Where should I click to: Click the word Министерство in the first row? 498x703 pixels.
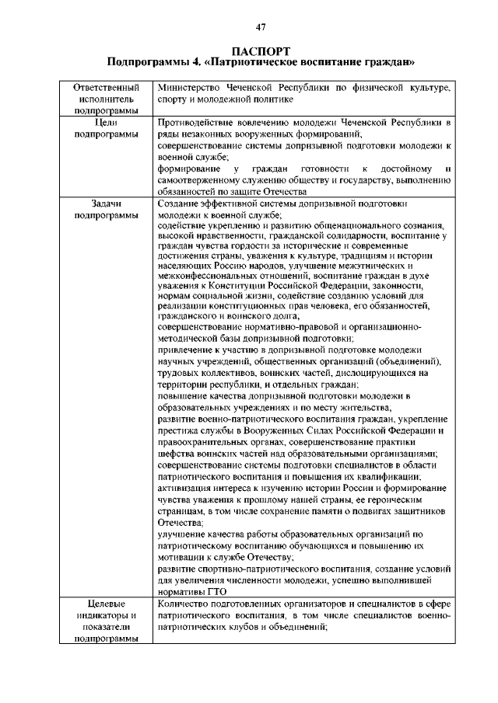(190, 89)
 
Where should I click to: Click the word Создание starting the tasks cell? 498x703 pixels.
(180, 204)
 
